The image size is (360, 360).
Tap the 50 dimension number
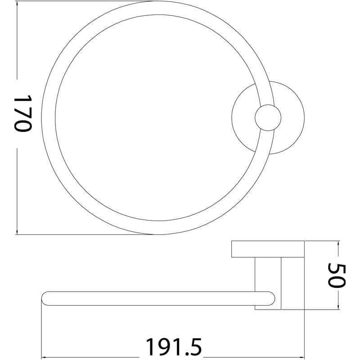click(x=337, y=275)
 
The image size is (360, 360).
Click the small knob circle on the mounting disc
click(x=268, y=118)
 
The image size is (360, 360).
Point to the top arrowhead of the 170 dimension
click(x=17, y=4)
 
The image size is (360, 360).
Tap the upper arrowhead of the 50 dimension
click(x=337, y=243)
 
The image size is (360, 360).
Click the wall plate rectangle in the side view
click(x=268, y=249)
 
